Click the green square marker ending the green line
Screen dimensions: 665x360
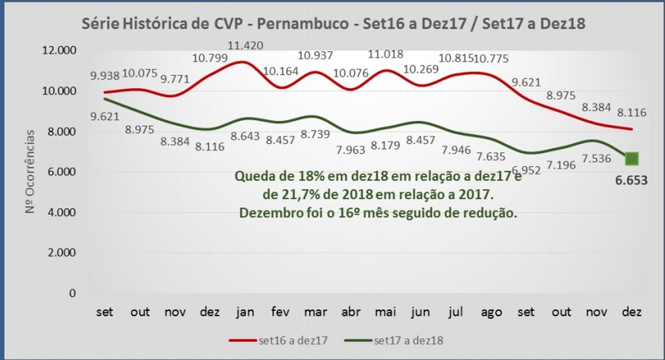632,159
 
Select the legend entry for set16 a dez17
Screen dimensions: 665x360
278,341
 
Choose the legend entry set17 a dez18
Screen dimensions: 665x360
394,341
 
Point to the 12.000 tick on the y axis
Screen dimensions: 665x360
59,50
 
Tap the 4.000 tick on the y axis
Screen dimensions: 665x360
62,212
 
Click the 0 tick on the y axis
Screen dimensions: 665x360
72,293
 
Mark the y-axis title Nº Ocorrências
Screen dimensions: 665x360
29,172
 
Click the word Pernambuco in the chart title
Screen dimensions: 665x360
303,24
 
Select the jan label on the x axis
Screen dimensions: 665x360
245,313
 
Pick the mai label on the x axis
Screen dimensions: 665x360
386,312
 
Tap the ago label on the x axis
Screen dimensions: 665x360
491,313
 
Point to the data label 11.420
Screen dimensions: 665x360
245,45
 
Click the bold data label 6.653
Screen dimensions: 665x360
632,180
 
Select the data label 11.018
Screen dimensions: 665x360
386,54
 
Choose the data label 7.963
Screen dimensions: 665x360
350,150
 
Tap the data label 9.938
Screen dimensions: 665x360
105,76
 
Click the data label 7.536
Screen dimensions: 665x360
597,158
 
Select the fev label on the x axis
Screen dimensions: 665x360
281,312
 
